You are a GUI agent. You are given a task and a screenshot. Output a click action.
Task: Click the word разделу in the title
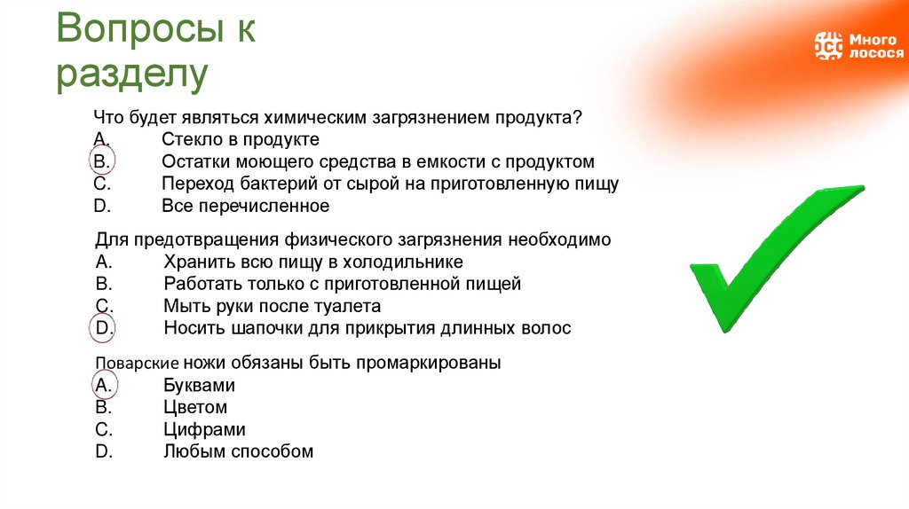pos(132,75)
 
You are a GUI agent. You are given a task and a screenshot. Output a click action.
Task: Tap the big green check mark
pos(772,257)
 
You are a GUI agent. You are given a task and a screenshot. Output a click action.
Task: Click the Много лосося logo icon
pos(827,45)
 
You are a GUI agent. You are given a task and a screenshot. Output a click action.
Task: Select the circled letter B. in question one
pos(101,162)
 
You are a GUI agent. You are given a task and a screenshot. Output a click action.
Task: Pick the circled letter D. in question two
pos(102,327)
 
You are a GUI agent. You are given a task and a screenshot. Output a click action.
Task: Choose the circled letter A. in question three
pos(102,386)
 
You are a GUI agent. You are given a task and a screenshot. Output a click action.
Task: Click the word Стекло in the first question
pos(189,140)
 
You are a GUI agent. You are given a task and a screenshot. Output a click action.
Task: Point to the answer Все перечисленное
pos(245,207)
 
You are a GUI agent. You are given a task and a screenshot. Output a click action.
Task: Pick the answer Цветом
pos(195,408)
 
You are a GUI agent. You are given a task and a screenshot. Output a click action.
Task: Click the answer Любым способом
pos(238,451)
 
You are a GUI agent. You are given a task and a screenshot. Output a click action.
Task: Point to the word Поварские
pos(138,364)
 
